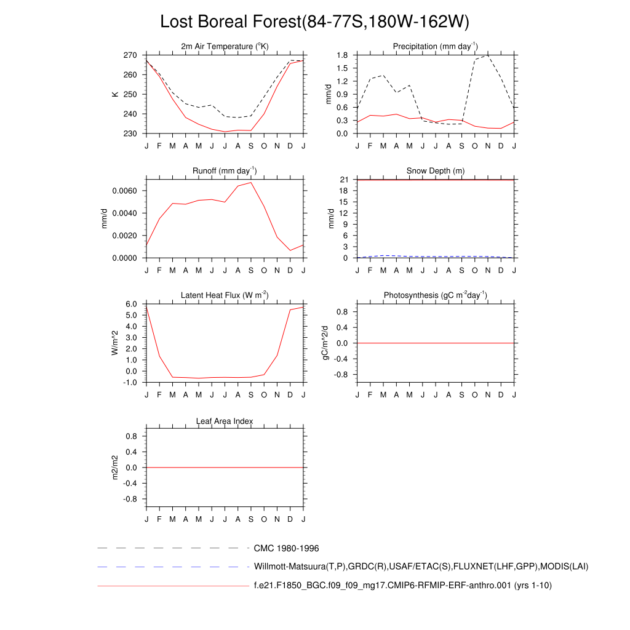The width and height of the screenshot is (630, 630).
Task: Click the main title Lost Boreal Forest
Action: pos(314,22)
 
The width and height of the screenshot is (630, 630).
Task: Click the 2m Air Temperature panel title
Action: pos(225,47)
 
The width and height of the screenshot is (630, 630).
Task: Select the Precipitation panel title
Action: pos(435,47)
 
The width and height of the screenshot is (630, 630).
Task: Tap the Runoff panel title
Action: pos(225,171)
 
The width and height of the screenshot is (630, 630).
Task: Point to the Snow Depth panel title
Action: pos(435,171)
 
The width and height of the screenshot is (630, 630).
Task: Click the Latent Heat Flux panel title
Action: pos(225,296)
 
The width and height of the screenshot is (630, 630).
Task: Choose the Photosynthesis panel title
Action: pos(435,296)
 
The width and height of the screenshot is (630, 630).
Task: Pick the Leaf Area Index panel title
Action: pos(225,421)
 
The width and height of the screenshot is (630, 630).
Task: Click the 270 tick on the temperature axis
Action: pos(130,55)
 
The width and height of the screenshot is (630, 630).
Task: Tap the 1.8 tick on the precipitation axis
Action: pos(343,55)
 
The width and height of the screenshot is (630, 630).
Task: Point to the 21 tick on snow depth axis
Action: pos(345,180)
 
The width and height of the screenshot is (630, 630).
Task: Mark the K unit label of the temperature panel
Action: pos(114,94)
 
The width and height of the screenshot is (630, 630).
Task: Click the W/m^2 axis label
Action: pos(114,343)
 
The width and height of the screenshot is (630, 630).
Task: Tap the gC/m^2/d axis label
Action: pos(327,343)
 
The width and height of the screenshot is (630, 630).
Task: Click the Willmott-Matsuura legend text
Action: pos(421,567)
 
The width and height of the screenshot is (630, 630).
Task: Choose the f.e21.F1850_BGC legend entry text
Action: pos(402,586)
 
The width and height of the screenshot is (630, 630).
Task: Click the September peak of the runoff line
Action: pos(251,182)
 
